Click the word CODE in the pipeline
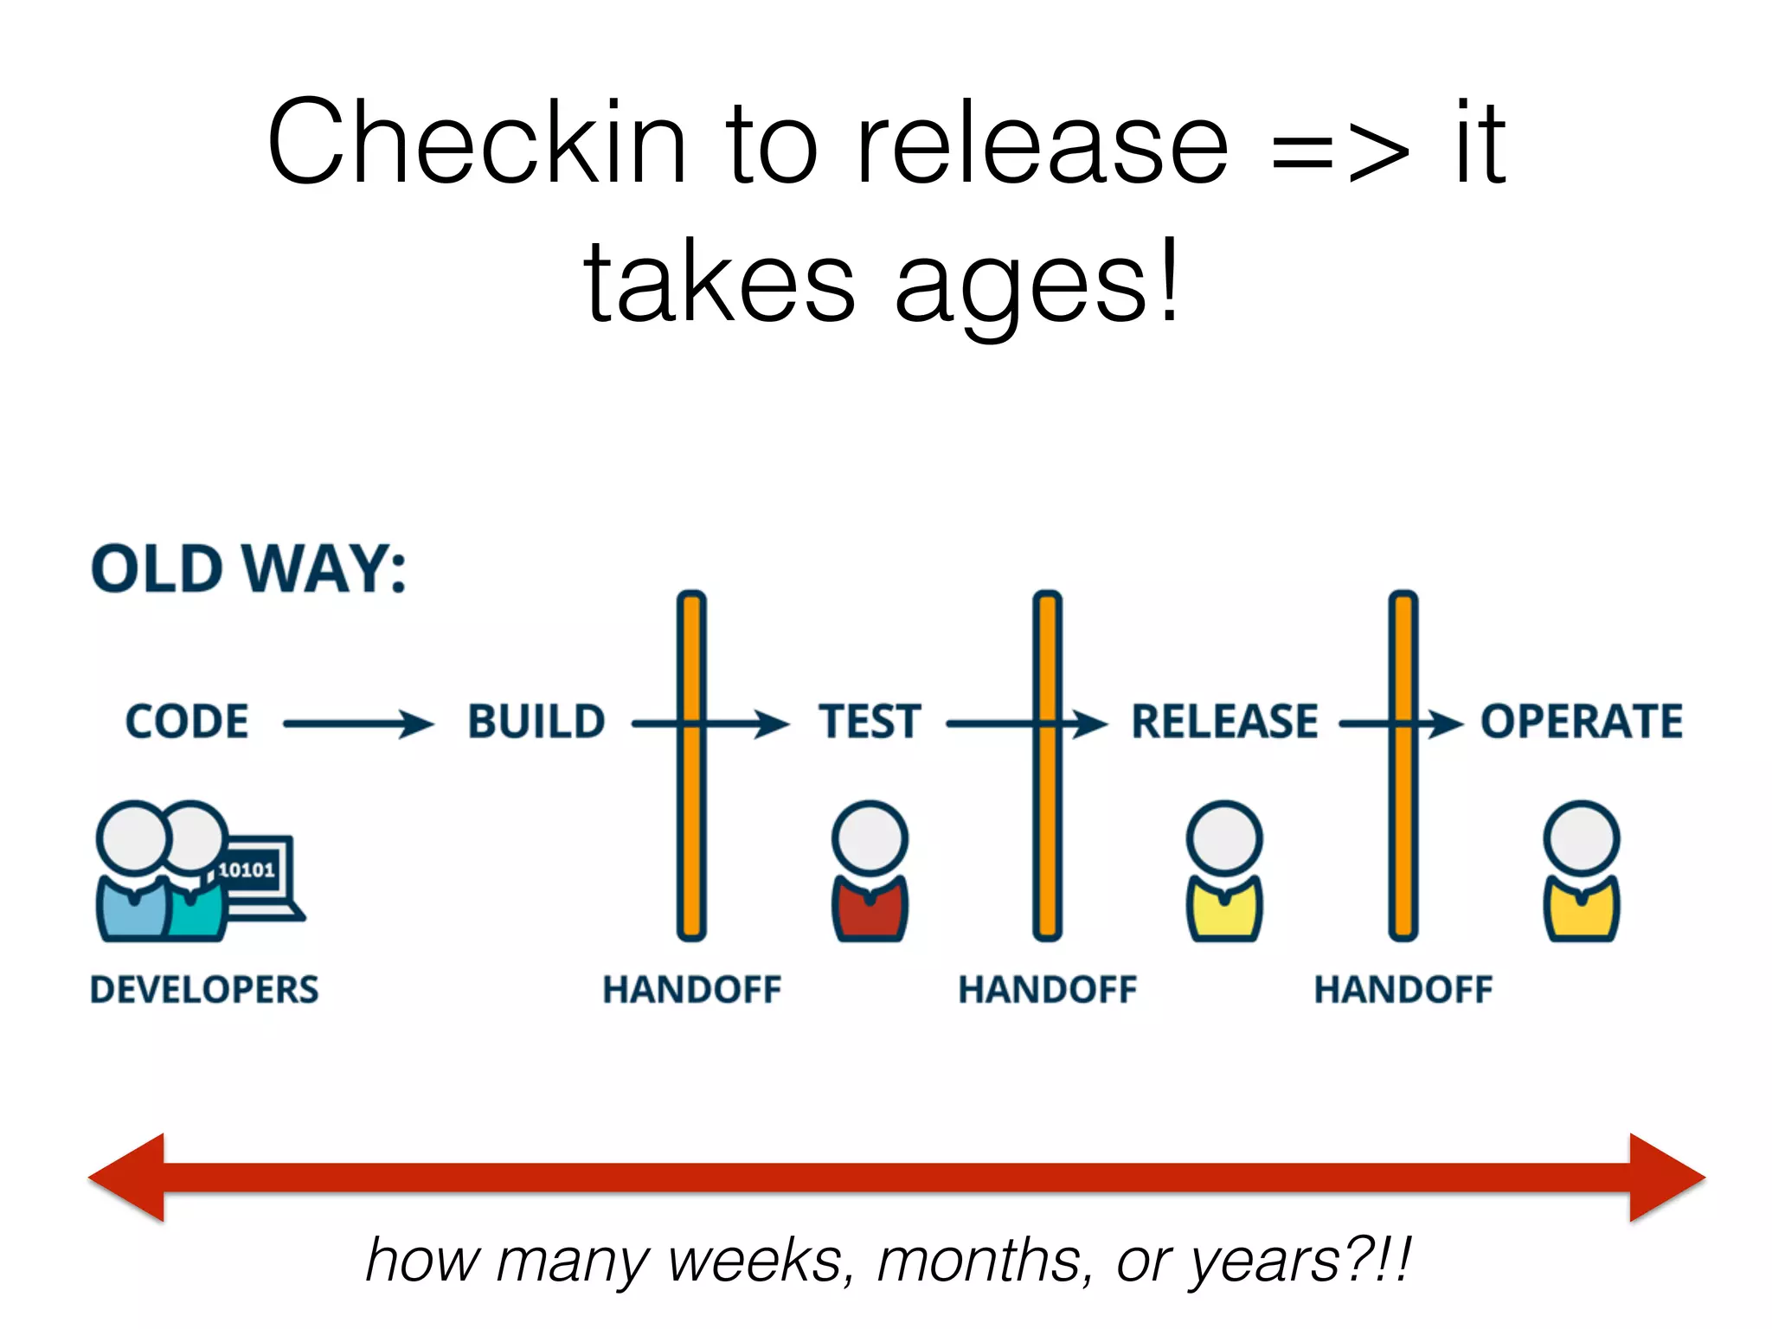(x=187, y=722)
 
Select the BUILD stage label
(x=536, y=722)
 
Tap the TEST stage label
(x=870, y=722)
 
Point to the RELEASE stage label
(x=1225, y=722)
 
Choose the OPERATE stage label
(x=1582, y=722)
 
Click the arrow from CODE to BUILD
(x=358, y=723)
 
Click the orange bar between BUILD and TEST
(x=691, y=831)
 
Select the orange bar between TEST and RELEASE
(x=1047, y=831)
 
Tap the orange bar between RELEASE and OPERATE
(x=1403, y=831)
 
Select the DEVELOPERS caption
(x=204, y=990)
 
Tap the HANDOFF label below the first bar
(x=691, y=990)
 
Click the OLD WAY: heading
(x=248, y=569)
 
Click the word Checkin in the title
(x=477, y=143)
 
